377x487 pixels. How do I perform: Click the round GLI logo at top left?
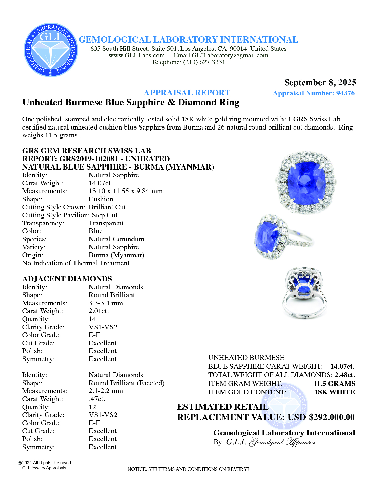click(51, 50)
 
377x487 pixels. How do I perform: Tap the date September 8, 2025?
click(320, 82)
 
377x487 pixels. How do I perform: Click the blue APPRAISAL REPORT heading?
click(187, 93)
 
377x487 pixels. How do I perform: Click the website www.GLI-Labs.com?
click(137, 55)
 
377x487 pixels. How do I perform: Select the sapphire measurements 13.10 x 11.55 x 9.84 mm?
click(125, 191)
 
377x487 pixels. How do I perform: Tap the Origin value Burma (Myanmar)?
click(116, 255)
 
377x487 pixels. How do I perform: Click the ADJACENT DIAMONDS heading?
click(67, 279)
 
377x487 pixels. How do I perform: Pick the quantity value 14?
click(92, 319)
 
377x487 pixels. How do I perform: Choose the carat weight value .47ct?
click(97, 399)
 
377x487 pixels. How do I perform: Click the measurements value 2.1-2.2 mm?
click(106, 391)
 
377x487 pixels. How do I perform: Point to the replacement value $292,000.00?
click(332, 417)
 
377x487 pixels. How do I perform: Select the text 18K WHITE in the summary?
click(334, 392)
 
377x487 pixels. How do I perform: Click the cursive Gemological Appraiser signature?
click(282, 442)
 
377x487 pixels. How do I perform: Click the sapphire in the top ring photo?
click(306, 182)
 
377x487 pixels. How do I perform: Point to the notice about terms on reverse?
click(188, 469)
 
